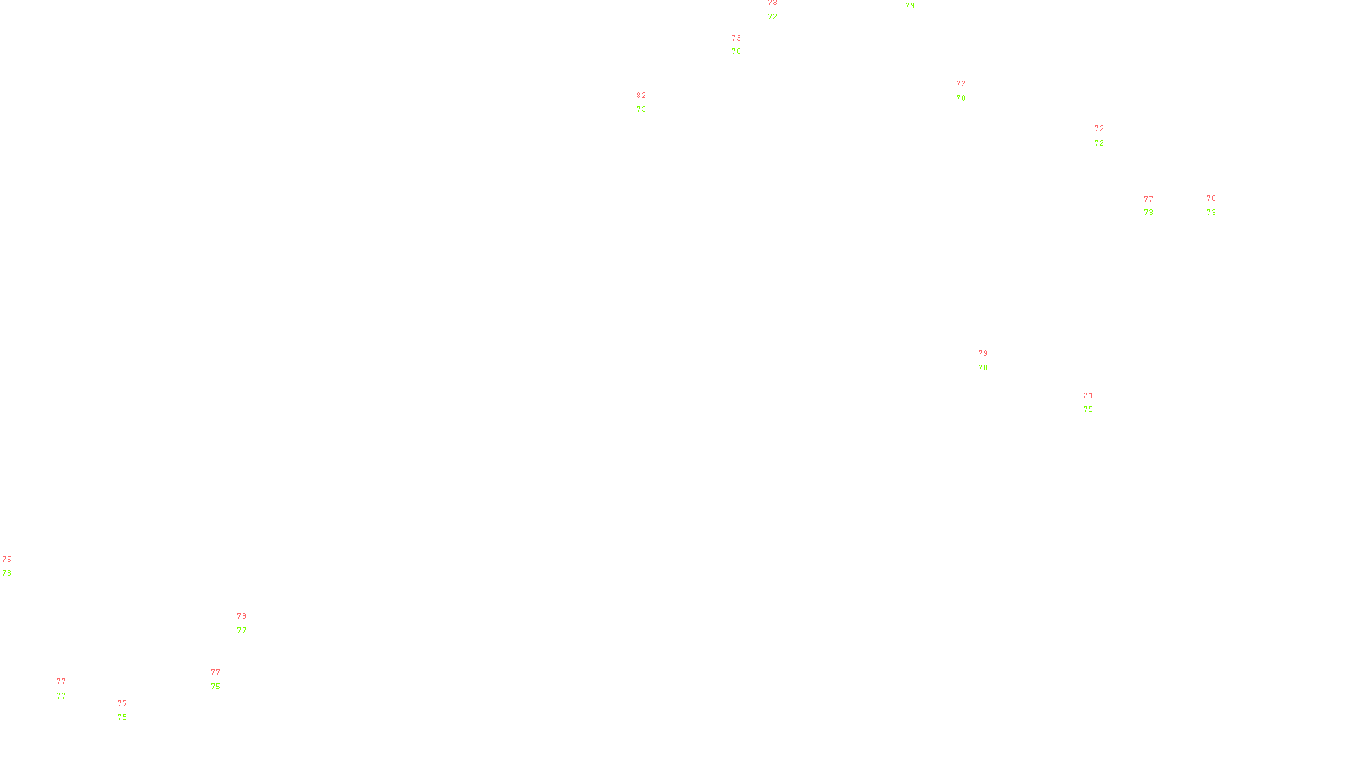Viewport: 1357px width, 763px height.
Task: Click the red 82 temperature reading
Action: click(x=641, y=96)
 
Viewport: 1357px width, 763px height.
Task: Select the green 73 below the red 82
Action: click(x=641, y=109)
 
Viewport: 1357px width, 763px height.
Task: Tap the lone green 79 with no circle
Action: click(x=910, y=6)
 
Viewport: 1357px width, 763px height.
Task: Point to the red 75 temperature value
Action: click(x=7, y=560)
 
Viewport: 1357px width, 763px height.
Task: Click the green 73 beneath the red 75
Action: click(x=7, y=573)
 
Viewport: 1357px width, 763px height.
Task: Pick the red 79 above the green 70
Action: click(x=983, y=354)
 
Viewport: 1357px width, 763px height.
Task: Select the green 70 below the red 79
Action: click(x=983, y=368)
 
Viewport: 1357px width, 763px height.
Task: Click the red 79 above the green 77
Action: click(x=242, y=616)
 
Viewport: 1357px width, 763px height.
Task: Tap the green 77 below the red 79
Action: click(x=242, y=631)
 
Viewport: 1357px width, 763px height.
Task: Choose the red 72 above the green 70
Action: click(x=961, y=84)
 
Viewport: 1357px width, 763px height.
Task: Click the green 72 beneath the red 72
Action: click(x=1099, y=143)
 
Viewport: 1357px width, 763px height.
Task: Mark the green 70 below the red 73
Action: click(x=736, y=52)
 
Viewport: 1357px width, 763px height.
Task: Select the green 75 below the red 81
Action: click(x=1088, y=409)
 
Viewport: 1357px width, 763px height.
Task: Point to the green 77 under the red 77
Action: click(x=61, y=696)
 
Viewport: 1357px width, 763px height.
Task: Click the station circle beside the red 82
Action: click(x=650, y=103)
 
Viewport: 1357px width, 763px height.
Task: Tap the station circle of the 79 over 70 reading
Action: click(x=991, y=360)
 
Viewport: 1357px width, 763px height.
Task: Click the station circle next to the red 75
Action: click(x=14, y=566)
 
